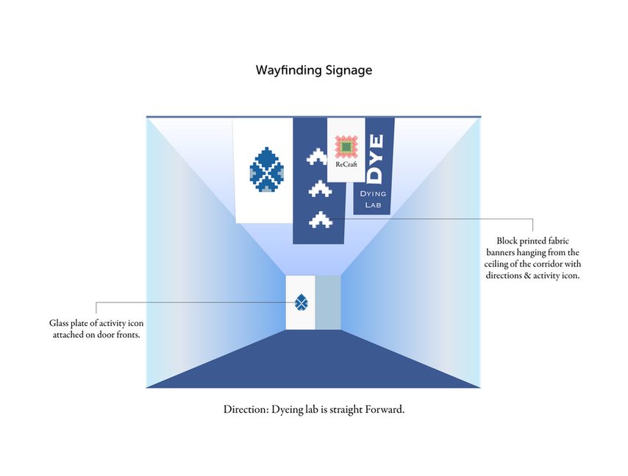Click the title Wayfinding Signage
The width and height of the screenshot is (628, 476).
pos(314,71)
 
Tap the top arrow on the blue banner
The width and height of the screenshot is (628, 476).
pos(317,157)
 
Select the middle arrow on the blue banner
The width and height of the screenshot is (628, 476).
pos(320,189)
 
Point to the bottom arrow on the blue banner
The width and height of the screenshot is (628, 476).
pos(321,219)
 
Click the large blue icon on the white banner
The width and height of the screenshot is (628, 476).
pos(267,169)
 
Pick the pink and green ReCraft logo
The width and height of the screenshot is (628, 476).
pos(346,147)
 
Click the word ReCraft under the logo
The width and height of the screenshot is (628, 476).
pos(346,164)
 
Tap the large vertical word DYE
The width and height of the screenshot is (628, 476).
pos(375,158)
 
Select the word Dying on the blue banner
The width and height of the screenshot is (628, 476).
pos(373,194)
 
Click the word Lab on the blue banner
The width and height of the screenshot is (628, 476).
pos(373,205)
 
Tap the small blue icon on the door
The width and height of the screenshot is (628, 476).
pos(301,302)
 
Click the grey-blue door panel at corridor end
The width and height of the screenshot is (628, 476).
pos(328,302)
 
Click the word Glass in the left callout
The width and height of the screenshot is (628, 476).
pos(59,323)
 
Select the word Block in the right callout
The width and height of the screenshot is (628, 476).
pos(507,241)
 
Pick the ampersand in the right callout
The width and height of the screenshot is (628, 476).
pos(527,276)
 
